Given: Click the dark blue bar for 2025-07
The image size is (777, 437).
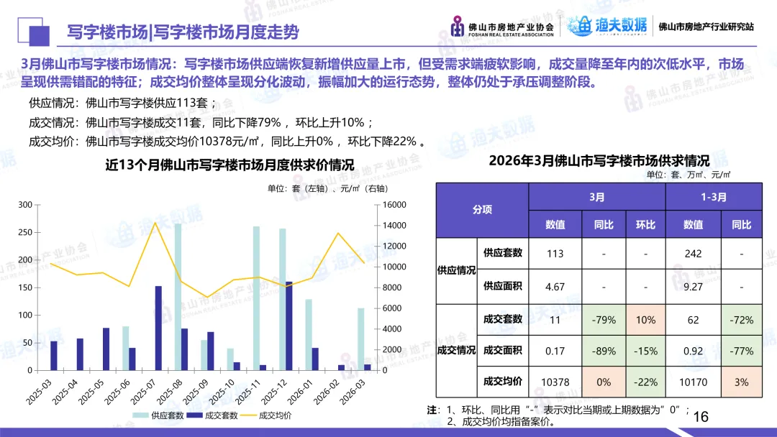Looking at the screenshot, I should [158, 328].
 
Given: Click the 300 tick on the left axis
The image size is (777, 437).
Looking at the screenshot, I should [25, 205].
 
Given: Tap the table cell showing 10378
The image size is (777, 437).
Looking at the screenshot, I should [555, 382].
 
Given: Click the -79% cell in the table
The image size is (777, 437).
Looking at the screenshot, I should [603, 319].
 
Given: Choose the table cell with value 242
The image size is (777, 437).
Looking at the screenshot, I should [693, 253].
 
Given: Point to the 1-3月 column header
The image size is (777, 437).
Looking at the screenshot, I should [713, 196].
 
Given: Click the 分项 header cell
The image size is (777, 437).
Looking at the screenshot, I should [482, 210].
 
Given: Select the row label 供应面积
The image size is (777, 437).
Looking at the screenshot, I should [503, 286].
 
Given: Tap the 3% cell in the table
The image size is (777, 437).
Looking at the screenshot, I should [741, 382].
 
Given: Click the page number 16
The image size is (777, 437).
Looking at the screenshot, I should [700, 417].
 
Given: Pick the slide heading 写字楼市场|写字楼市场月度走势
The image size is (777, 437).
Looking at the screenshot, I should [183, 32].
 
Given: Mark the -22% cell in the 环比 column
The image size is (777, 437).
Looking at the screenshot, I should [645, 382].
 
